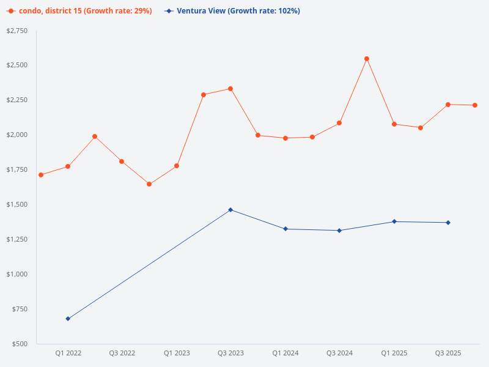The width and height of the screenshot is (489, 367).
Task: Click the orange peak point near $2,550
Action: [x=367, y=59]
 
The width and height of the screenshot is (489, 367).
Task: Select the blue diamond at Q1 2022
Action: [x=68, y=319]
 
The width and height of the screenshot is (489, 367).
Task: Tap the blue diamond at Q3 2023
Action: [x=230, y=210]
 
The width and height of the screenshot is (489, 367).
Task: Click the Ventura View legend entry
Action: [x=232, y=11]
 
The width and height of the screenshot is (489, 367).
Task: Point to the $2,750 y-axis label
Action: [x=17, y=31]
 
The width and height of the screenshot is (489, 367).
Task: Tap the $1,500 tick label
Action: [x=17, y=204]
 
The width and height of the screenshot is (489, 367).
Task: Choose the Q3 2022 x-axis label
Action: [x=122, y=353]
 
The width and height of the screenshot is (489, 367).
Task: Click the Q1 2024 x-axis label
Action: [x=285, y=353]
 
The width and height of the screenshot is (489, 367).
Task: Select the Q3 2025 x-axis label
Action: [x=448, y=353]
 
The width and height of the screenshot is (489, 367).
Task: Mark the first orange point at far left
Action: [x=41, y=175]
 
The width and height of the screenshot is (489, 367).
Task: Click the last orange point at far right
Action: [x=475, y=105]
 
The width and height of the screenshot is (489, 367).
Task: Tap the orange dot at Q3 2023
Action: [x=230, y=89]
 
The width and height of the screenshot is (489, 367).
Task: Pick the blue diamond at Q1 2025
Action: [x=394, y=221]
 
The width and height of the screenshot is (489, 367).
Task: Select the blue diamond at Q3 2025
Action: [x=448, y=223]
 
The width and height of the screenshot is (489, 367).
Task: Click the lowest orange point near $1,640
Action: [x=149, y=184]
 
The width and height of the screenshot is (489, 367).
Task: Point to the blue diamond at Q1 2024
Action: [x=285, y=229]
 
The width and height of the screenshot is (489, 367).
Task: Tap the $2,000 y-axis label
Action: [x=17, y=135]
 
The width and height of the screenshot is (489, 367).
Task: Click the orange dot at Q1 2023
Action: [x=177, y=166]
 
